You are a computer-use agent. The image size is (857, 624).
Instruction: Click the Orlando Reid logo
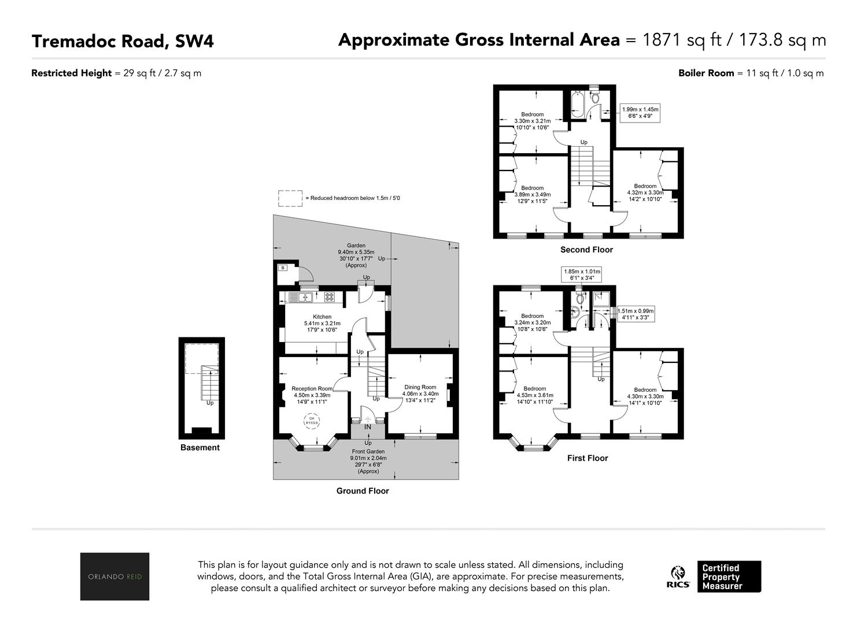114,576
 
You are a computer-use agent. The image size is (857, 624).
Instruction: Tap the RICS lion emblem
678,573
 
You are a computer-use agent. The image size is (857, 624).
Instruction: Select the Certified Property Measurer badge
729,577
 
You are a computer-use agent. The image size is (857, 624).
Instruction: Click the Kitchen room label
322,317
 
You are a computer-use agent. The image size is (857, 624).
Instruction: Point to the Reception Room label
312,388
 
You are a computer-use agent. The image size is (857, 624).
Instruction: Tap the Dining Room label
420,387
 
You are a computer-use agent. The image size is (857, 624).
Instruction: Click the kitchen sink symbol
301,297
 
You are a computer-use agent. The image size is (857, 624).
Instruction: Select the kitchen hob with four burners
330,297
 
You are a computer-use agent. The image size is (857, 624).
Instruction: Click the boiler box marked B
283,268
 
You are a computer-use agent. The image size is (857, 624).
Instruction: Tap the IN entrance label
368,427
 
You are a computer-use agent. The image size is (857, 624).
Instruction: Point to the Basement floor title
200,447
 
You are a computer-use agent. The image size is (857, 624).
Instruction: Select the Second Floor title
586,250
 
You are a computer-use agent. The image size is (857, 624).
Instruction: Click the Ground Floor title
363,491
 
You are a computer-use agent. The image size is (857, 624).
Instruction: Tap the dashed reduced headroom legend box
290,198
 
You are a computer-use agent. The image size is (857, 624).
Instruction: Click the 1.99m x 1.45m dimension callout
640,113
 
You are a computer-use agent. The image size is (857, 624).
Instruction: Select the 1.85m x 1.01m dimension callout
582,274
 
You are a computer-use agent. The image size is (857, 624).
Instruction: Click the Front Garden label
368,452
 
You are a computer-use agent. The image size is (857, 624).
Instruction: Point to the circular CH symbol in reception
312,421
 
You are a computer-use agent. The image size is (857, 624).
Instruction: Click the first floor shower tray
601,300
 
